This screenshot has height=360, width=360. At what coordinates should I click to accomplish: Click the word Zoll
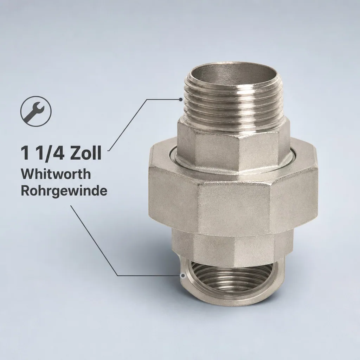coord(86,153)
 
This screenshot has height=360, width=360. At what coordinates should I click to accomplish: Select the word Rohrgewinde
coord(64,191)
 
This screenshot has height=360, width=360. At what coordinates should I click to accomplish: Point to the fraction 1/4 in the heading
coord(51,153)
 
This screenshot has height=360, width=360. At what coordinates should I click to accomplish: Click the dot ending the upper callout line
coord(181,99)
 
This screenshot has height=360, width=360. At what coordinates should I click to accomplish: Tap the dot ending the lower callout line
coord(183,276)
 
